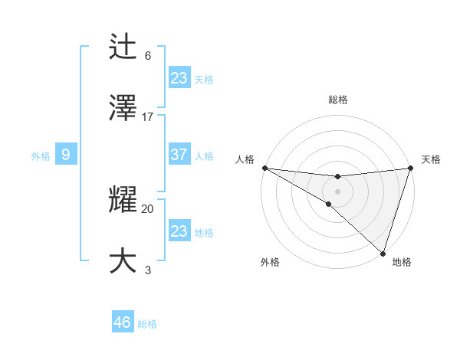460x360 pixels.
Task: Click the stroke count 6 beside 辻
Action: [x=148, y=56]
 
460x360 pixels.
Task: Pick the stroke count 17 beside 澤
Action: [x=148, y=116]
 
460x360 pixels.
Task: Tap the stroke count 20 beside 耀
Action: [x=148, y=208]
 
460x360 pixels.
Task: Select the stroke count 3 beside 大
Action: [x=148, y=269]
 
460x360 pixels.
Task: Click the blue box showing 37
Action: [x=179, y=155]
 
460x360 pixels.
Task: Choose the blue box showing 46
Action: [x=123, y=322]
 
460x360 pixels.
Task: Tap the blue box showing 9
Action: [x=66, y=155]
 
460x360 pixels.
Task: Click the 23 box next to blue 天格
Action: [x=179, y=77]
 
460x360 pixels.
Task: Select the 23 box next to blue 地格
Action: [x=179, y=231]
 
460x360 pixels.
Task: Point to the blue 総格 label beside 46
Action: [x=147, y=324]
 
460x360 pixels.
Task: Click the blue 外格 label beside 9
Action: [x=41, y=156]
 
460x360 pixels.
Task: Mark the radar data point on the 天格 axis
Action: [x=411, y=168]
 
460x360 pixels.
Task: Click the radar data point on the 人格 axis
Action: [x=264, y=168]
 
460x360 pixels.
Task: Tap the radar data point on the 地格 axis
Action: [x=383, y=254]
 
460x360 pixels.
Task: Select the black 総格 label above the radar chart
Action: [x=338, y=100]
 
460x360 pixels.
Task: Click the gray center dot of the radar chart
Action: [x=338, y=191]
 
